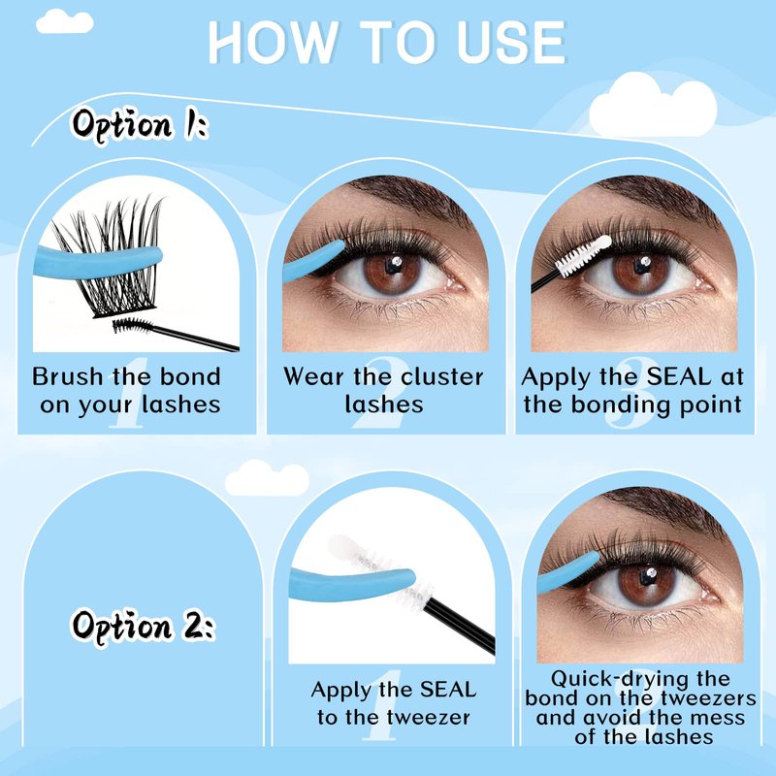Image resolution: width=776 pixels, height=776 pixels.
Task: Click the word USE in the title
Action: pos(511,43)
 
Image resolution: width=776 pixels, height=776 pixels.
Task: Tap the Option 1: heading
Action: pos(140,125)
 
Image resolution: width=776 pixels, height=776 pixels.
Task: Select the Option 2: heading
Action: pos(143,626)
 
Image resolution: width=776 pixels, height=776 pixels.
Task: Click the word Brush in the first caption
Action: pos(67,376)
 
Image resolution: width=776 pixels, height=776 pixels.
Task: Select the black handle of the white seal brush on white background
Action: pos(460,626)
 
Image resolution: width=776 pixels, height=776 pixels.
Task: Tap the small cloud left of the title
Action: pos(65,21)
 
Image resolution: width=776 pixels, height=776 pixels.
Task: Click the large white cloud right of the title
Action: pos(653,105)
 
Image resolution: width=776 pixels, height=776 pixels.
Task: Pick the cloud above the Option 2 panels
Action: pos(268,478)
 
